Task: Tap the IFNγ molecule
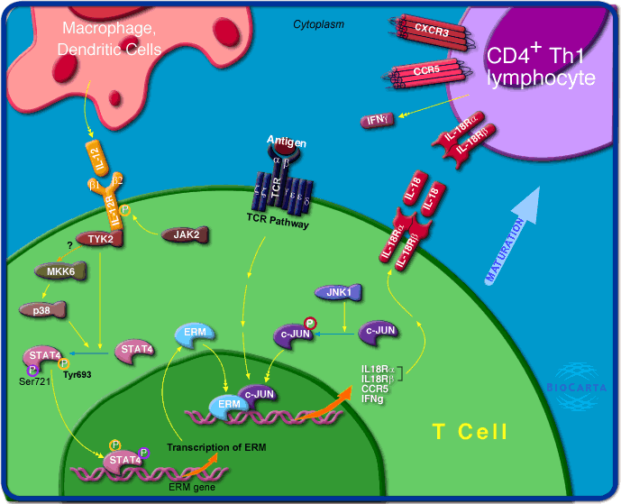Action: point(376,118)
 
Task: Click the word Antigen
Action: point(287,142)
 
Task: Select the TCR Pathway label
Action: point(278,222)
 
